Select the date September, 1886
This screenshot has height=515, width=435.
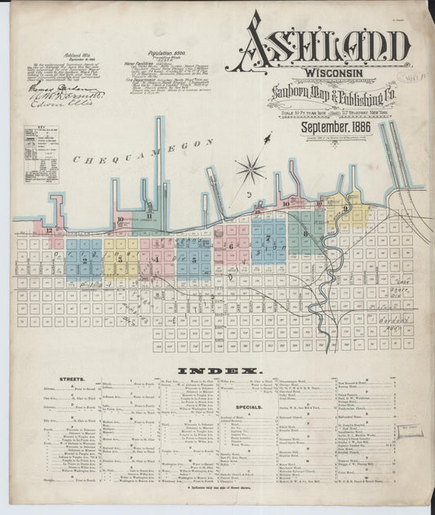pyautogui.click(x=331, y=127)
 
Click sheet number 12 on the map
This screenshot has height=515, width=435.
pyautogui.click(x=50, y=231)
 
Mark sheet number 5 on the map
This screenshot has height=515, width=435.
pyautogui.click(x=190, y=258)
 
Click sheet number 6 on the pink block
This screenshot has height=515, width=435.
pyautogui.click(x=230, y=246)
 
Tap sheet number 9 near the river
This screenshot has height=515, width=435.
pyautogui.click(x=346, y=209)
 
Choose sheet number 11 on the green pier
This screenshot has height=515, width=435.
pyautogui.click(x=149, y=215)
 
